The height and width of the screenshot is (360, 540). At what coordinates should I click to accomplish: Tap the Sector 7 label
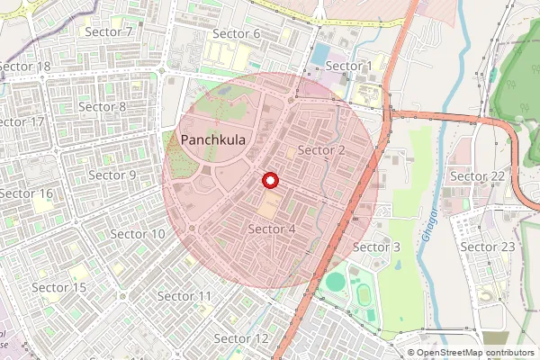(x=109, y=32)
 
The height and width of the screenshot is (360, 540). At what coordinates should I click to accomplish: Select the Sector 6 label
(x=237, y=34)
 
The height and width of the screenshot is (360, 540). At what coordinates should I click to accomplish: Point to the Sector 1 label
(x=349, y=66)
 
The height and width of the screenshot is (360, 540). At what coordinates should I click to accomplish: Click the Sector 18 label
(x=25, y=67)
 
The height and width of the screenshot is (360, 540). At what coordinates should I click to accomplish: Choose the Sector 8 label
(x=103, y=106)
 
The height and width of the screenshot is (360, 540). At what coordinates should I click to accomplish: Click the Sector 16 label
(x=27, y=193)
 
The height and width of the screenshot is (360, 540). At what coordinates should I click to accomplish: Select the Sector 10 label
(x=138, y=234)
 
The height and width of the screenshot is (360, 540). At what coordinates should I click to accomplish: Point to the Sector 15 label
(x=59, y=287)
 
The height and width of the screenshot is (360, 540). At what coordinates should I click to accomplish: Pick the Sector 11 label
(x=184, y=296)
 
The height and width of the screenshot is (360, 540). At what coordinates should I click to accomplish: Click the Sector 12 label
(x=241, y=338)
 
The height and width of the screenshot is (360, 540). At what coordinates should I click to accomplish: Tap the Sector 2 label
(x=321, y=149)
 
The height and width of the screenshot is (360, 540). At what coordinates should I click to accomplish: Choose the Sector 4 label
(x=272, y=229)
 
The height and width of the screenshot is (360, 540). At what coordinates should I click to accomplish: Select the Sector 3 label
(x=376, y=247)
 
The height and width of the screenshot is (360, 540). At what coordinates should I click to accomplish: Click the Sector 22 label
(x=477, y=175)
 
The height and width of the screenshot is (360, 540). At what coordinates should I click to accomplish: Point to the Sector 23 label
(x=488, y=247)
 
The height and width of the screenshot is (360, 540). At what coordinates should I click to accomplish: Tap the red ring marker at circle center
(x=269, y=181)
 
